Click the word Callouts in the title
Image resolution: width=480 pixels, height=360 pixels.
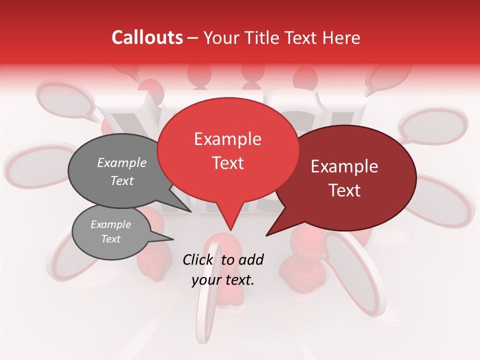coord(147,38)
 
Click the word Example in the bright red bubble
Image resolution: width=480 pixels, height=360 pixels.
coord(227,139)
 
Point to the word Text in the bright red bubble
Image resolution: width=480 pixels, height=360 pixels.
coord(227,163)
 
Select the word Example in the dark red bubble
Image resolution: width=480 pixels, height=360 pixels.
coord(344,166)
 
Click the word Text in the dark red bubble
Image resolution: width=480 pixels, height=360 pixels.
coord(344,190)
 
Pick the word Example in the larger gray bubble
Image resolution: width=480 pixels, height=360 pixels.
coord(122,162)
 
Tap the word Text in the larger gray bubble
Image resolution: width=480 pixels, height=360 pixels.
coord(122,180)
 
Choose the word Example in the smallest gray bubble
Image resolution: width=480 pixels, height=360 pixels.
coord(111,224)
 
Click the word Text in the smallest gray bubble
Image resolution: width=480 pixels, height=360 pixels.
coord(111,239)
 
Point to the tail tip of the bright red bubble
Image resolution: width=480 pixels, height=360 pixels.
coord(230,230)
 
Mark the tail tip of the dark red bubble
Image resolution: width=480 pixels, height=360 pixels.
coord(266,235)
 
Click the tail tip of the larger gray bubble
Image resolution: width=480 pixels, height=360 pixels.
coord(191,211)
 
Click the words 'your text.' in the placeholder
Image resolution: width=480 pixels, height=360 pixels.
coord(223,279)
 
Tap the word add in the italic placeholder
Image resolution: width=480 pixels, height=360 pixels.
coord(251,259)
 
